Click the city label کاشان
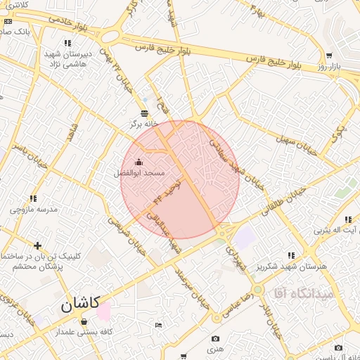click(76, 305)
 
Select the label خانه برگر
click(145, 124)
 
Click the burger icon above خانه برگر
click(145, 113)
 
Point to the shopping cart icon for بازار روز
click(329, 56)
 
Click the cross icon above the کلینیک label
click(37, 245)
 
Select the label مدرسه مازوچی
click(32, 210)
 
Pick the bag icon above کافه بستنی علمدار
click(84, 321)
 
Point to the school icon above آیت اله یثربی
click(349, 218)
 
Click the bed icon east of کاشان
click(157, 324)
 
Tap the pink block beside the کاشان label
click(104, 311)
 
